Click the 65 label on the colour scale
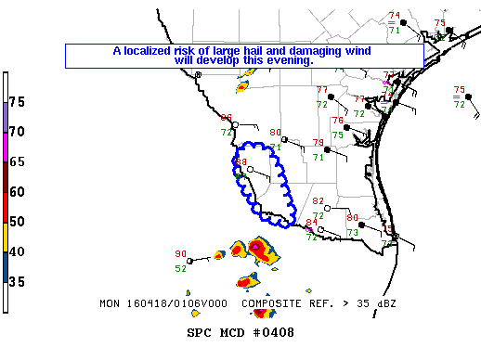(x=17, y=161)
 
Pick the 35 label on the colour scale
(x=17, y=282)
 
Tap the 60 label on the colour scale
(x=17, y=192)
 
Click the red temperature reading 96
(x=227, y=118)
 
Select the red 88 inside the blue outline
(x=241, y=162)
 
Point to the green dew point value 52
(x=181, y=269)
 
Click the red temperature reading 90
(x=181, y=253)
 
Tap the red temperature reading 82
(x=318, y=201)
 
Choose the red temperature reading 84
(x=311, y=223)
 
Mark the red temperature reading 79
(x=318, y=143)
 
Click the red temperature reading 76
(x=337, y=121)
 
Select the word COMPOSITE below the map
(x=271, y=303)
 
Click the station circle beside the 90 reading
(x=190, y=261)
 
